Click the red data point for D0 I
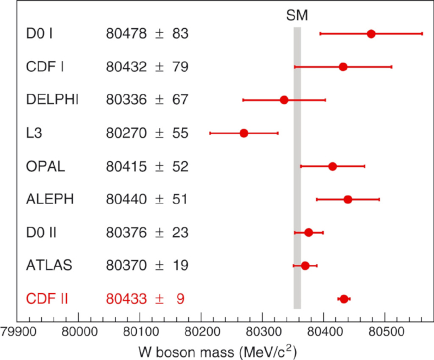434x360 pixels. click(x=371, y=34)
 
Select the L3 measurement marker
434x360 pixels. click(x=244, y=133)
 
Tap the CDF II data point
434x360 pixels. click(x=343, y=299)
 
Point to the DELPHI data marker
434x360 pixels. click(x=284, y=100)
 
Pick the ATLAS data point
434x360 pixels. click(x=305, y=266)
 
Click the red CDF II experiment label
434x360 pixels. click(x=47, y=299)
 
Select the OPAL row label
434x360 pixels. click(x=46, y=166)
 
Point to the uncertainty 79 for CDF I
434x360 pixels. click(x=180, y=67)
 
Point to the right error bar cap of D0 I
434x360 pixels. click(x=422, y=34)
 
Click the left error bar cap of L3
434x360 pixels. click(x=210, y=133)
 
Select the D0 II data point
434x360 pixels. click(x=309, y=232)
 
